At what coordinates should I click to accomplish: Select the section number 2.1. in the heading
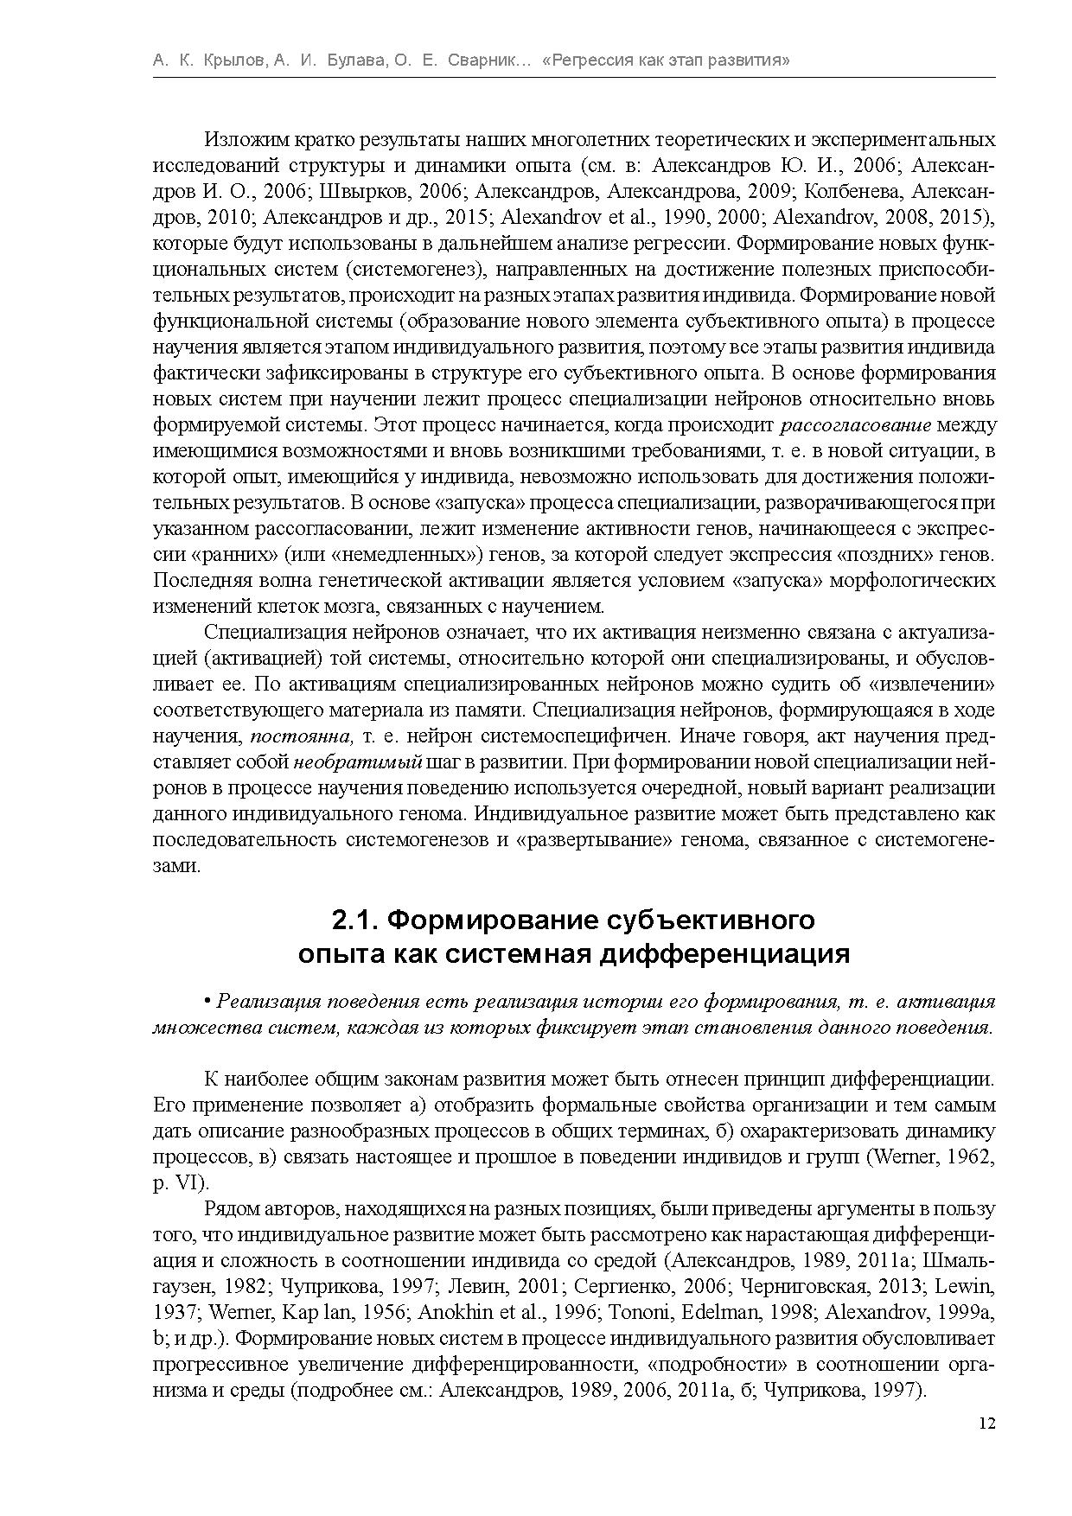tap(355, 920)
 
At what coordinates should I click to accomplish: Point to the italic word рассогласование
tap(856, 425)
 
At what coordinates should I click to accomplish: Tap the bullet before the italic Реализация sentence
tap(207, 1001)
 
